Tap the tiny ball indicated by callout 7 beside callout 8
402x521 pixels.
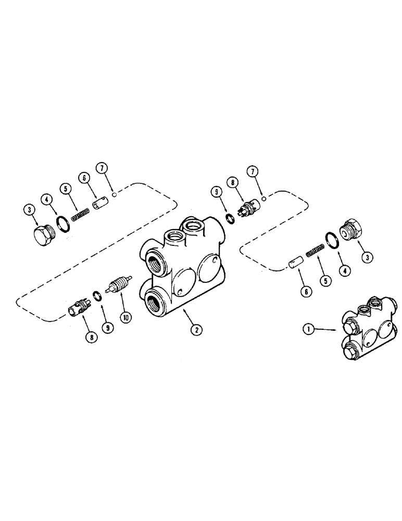[265, 198]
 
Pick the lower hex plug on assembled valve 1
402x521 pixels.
[350, 353]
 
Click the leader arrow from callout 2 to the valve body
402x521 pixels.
[187, 316]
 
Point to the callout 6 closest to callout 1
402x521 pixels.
[306, 292]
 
